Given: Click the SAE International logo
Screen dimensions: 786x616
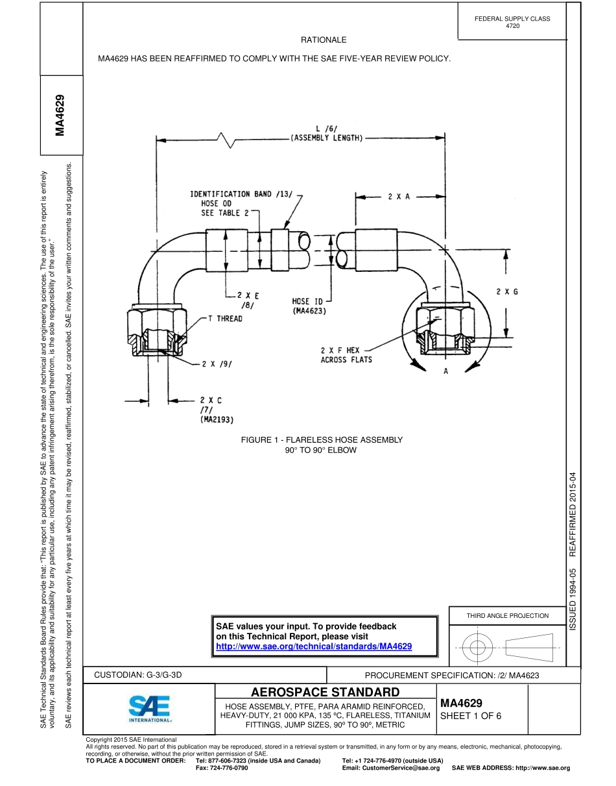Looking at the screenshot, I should point(150,710).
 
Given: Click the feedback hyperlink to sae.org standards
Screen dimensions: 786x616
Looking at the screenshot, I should point(314,646).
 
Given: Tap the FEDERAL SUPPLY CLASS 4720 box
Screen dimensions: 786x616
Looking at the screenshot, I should point(512,22).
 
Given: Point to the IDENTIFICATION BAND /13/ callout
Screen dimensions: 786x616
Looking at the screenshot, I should point(241,193).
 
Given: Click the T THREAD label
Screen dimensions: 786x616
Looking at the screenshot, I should point(225,319).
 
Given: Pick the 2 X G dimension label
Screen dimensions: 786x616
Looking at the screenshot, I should point(507,292).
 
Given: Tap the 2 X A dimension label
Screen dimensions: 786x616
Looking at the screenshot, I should point(399,196).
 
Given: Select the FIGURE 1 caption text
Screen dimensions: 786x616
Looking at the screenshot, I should point(322,445).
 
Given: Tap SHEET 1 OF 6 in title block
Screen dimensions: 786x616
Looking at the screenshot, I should point(471,717).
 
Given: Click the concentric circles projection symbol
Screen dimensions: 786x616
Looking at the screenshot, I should point(477,646).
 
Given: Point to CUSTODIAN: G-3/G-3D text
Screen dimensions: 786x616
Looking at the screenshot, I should point(138,675).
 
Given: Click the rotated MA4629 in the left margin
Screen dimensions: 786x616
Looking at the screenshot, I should point(60,115).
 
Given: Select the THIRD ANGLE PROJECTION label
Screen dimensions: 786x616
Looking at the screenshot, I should point(507,615).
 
